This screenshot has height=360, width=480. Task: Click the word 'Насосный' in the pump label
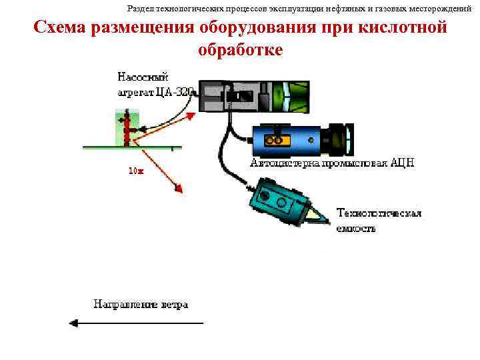point(141,77)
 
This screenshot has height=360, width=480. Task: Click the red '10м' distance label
point(135,171)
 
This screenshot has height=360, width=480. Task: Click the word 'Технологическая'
point(379,213)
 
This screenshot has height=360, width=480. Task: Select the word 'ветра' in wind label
point(174,305)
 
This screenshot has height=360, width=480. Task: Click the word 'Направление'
point(125,305)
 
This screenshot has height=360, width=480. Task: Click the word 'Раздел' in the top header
point(140,9)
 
